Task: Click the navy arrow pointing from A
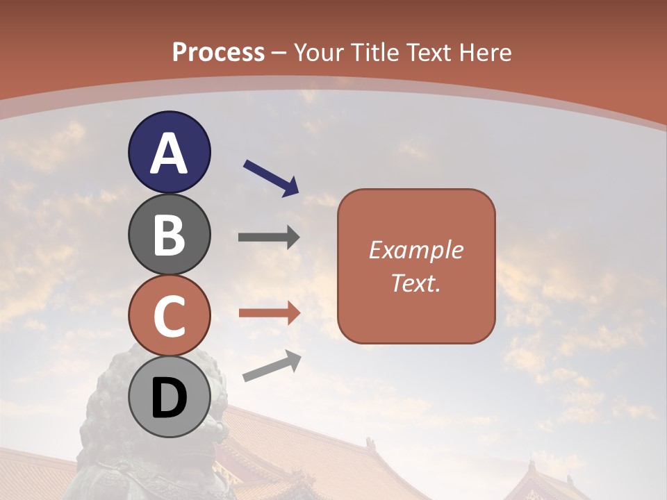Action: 271,177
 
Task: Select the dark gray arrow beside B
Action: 269,237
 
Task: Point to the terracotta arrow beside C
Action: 269,313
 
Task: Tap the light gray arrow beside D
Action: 272,366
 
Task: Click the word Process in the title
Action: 218,52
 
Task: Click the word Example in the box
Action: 415,250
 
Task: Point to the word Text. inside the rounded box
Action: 415,283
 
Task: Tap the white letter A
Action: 169,153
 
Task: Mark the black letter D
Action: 169,399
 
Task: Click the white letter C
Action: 169,317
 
